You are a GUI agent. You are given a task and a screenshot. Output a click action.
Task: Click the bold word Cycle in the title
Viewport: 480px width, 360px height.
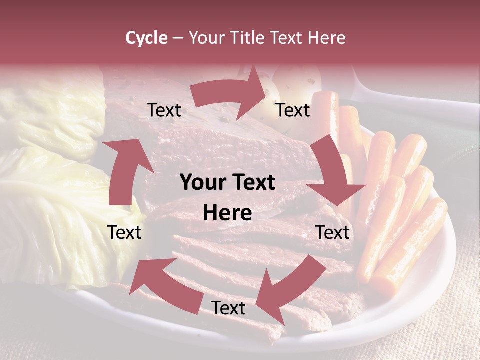click(146, 38)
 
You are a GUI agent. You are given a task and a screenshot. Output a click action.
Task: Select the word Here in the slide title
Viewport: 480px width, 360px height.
click(327, 38)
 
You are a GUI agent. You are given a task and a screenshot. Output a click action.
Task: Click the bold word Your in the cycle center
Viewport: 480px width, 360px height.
click(199, 183)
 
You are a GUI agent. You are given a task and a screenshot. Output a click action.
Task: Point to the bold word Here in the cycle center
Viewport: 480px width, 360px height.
click(227, 213)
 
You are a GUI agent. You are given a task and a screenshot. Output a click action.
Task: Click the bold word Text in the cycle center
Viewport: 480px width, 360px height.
click(251, 183)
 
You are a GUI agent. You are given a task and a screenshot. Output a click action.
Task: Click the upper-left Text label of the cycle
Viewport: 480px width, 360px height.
click(164, 110)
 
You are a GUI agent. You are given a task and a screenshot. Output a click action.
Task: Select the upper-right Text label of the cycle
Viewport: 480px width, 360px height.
click(293, 110)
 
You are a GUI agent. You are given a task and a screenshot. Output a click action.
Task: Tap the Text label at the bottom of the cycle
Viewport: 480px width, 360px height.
click(228, 308)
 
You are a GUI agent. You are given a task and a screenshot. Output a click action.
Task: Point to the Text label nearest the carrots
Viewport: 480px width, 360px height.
click(333, 232)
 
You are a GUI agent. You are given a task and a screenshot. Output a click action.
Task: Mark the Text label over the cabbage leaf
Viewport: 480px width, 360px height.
click(124, 232)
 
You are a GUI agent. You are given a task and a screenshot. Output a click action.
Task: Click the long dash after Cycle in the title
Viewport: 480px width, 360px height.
click(178, 38)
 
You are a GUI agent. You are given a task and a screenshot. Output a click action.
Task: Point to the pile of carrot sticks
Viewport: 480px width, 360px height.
click(400, 200)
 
